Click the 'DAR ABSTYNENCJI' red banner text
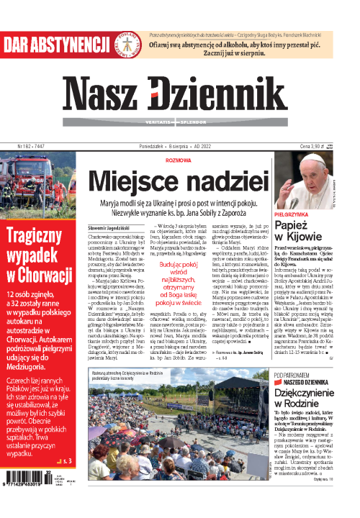[x=50, y=46]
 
